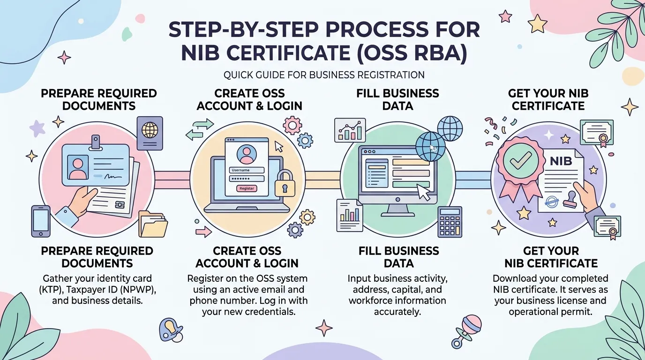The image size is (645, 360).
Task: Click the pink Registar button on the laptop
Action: point(247,188)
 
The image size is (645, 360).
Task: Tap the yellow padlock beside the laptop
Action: point(285,184)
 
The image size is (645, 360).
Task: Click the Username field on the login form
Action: point(247,170)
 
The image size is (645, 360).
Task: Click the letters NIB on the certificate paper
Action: point(561,161)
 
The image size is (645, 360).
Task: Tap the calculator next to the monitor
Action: point(450,222)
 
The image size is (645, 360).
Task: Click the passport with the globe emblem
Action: point(150,133)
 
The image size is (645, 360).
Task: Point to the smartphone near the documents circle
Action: point(41,221)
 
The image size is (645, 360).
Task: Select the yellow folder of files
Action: point(153,224)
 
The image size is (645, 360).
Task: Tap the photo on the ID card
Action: point(78,167)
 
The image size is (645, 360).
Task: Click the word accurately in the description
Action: point(397,312)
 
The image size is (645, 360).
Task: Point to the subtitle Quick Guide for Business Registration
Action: point(324,75)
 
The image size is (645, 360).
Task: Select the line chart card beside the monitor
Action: point(350,130)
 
